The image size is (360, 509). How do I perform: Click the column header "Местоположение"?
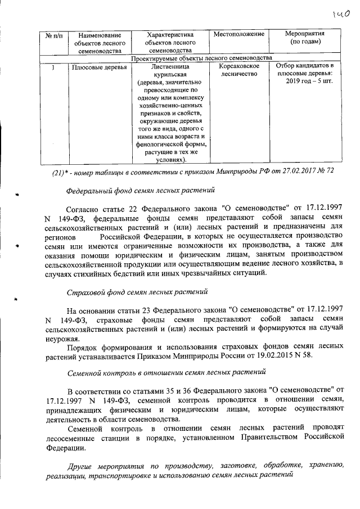(239, 35)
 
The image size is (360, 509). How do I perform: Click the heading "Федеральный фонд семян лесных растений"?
(140, 191)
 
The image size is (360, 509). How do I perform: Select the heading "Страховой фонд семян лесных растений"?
(137, 293)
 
